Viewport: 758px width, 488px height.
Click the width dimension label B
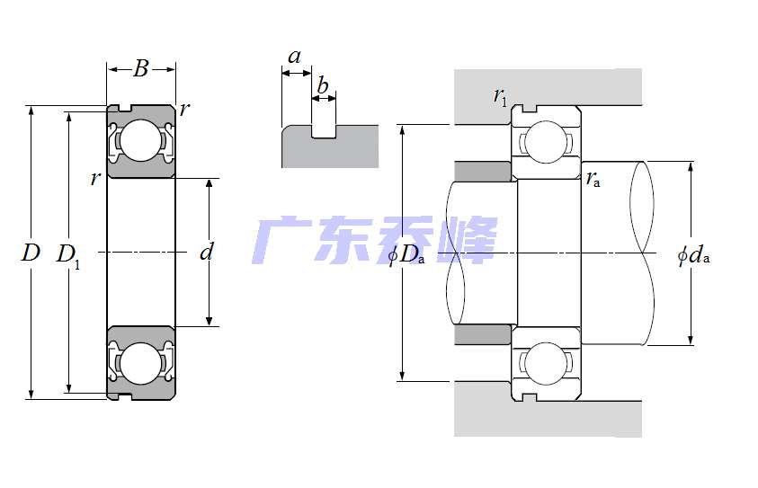[x=141, y=69]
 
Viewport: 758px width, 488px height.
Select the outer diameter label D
[x=31, y=253]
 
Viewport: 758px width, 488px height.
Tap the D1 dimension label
[x=67, y=254]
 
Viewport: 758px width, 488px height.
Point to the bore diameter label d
[x=207, y=253]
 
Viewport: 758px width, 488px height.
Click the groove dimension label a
[x=294, y=57]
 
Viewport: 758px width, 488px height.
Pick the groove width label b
[x=323, y=87]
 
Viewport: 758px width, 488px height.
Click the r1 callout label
[x=501, y=96]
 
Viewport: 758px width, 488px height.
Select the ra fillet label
[x=593, y=179]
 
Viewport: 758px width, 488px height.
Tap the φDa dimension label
[x=406, y=255]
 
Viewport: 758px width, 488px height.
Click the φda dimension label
[x=693, y=255]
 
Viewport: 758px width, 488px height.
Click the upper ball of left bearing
[x=140, y=140]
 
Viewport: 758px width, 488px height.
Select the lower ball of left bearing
[x=140, y=365]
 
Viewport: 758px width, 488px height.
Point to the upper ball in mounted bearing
[x=545, y=141]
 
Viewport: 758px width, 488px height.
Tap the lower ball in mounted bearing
[x=545, y=364]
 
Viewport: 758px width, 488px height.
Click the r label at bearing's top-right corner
[x=184, y=110]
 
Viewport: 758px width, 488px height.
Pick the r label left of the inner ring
[x=95, y=178]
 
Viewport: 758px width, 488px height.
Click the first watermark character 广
[x=281, y=240]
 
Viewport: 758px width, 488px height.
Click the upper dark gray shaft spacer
[x=483, y=170]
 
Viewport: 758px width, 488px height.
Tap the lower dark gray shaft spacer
[x=483, y=334]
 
